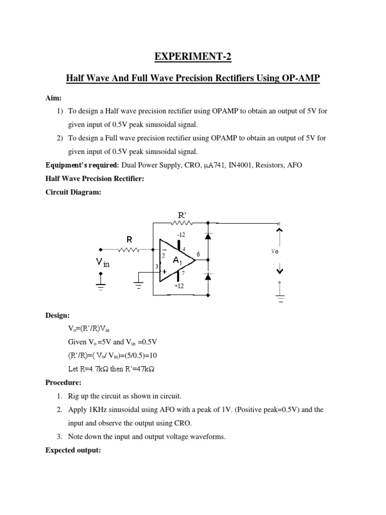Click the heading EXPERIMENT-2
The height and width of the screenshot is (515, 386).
point(193,57)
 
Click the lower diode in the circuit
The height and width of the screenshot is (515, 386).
point(207,277)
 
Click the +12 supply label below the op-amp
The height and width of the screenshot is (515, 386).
point(179,286)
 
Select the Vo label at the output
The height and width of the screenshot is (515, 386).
point(275,251)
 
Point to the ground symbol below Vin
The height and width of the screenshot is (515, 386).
point(102,288)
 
